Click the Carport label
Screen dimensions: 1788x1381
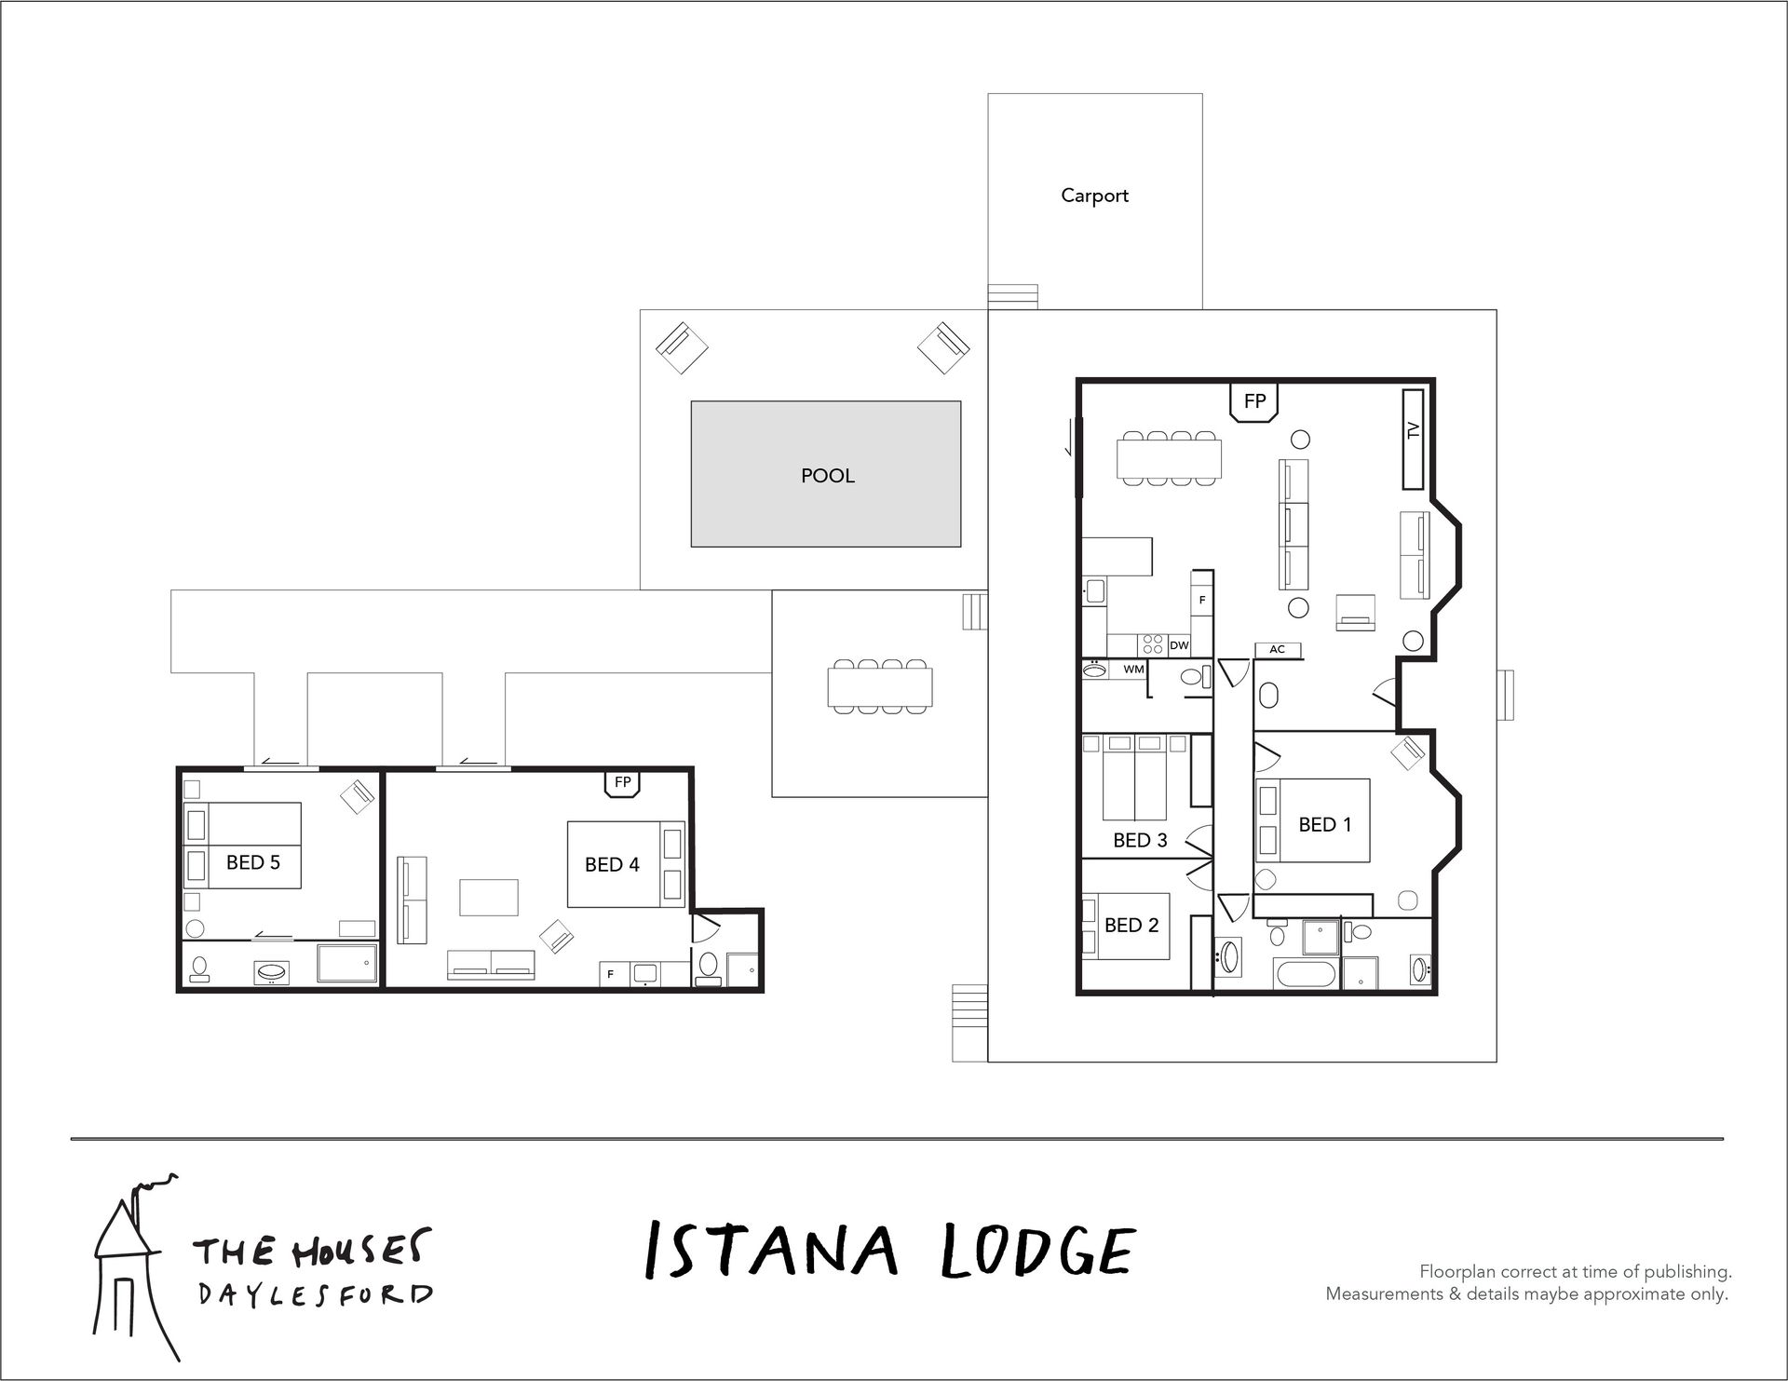tap(1094, 196)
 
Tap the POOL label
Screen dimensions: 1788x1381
tap(827, 476)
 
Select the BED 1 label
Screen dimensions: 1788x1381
tap(1324, 824)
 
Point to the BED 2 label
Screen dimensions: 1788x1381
tap(1131, 925)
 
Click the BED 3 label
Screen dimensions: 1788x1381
tap(1140, 840)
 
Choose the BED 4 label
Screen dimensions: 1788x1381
tap(612, 864)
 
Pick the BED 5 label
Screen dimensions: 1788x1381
tap(252, 862)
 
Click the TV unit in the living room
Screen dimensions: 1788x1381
tap(1414, 439)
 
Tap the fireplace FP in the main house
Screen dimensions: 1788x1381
tap(1254, 401)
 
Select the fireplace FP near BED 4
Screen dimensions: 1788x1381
tap(623, 783)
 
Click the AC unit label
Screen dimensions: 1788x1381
tap(1278, 649)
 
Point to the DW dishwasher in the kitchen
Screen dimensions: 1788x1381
tap(1179, 645)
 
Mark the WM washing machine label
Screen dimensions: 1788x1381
tap(1133, 669)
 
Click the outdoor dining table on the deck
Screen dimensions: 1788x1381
tap(880, 686)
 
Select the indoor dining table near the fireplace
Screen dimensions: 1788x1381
tap(1170, 457)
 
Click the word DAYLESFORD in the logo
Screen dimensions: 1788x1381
tap(315, 1296)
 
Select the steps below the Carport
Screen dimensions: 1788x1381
tap(1013, 296)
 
